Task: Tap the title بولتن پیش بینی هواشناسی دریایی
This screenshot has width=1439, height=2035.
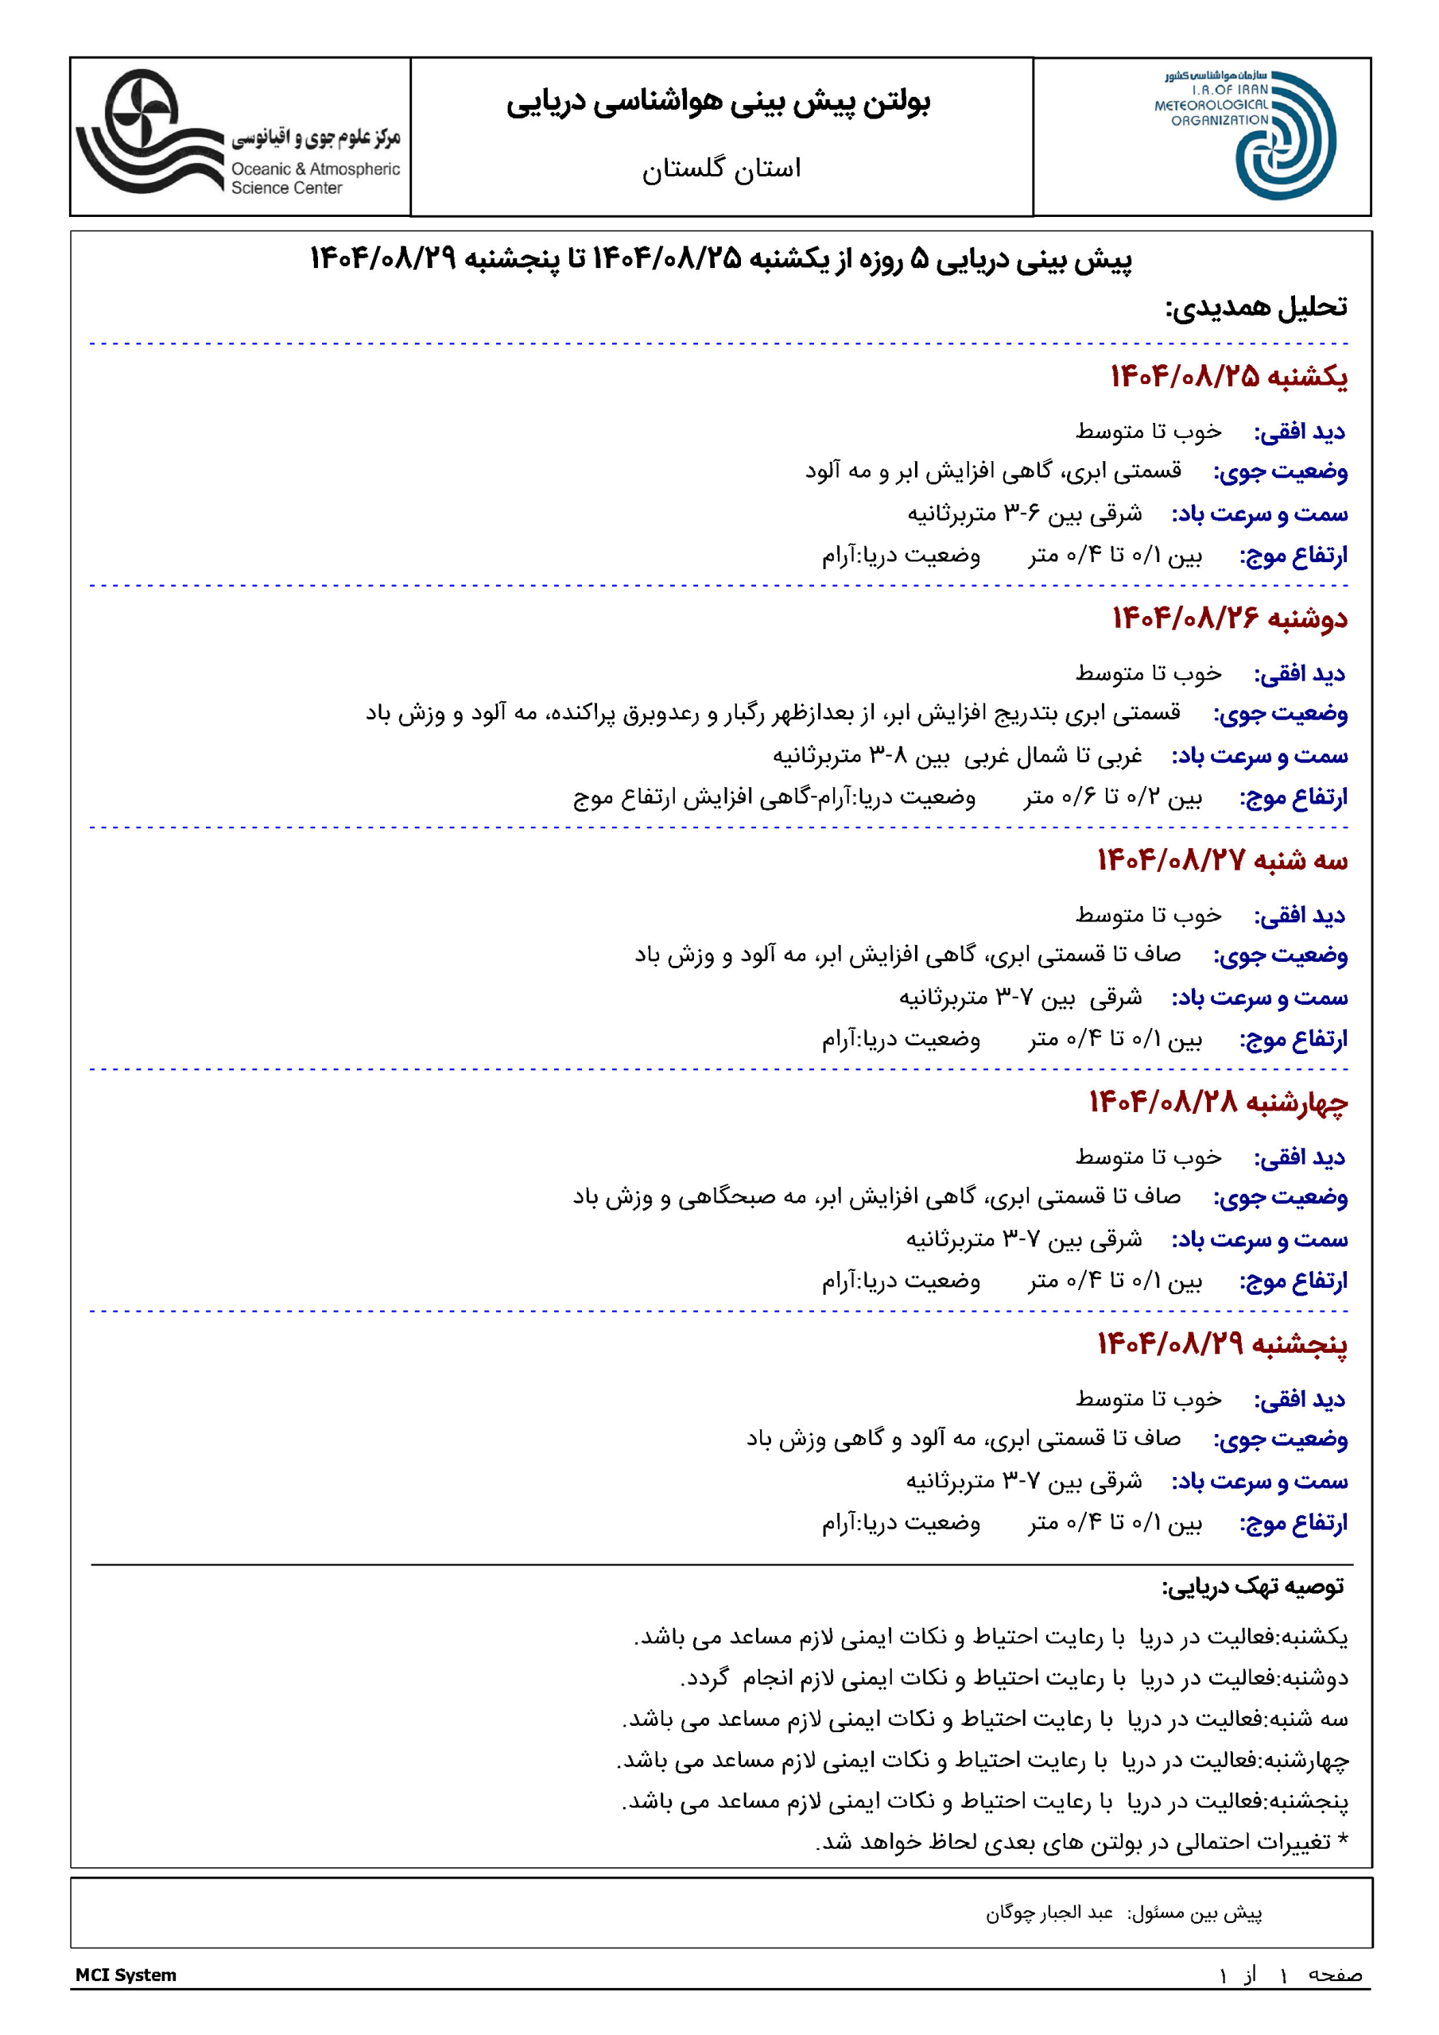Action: [718, 103]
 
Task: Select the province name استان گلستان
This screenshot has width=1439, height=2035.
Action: [721, 169]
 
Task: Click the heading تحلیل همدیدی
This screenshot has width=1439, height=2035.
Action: [1255, 307]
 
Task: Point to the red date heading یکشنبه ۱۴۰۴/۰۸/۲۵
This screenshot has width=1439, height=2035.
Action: [1229, 377]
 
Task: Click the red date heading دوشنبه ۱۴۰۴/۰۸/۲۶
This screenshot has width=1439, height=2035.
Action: [1230, 618]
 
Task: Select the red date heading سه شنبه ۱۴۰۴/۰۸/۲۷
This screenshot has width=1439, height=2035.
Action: [1222, 860]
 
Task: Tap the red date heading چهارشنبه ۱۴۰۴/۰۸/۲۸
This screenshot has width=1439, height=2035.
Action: [1218, 1102]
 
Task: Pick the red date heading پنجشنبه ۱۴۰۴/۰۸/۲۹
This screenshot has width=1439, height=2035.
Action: [1222, 1343]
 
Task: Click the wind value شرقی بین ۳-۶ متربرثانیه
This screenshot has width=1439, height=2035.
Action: [1024, 514]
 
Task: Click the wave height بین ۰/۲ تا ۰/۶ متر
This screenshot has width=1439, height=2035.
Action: [1113, 797]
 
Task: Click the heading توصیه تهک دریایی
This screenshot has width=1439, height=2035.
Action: [1253, 1586]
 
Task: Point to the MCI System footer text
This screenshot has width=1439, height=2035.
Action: [126, 1975]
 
